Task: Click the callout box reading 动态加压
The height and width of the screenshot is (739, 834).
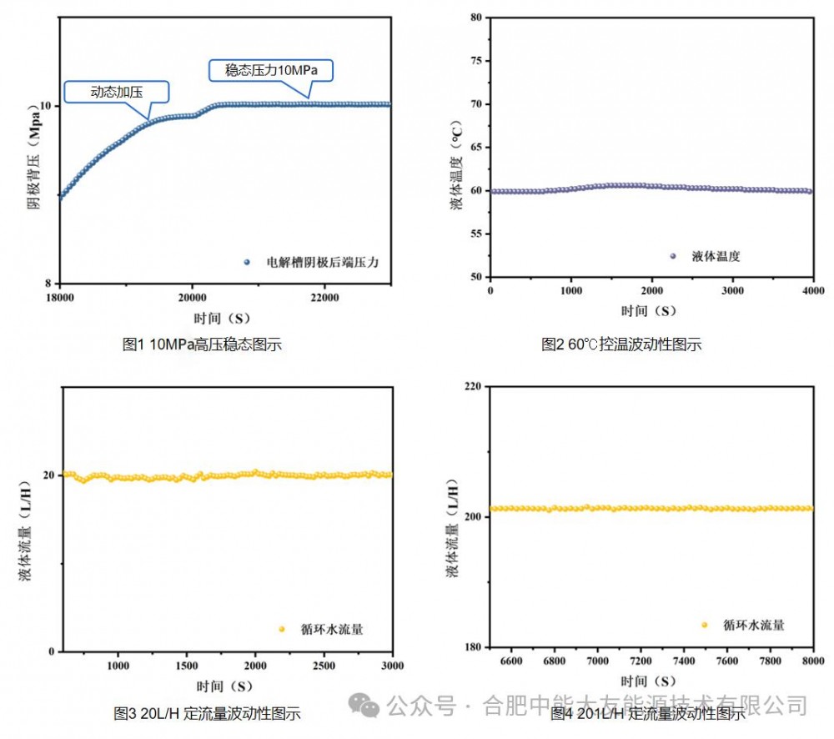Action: click(x=116, y=92)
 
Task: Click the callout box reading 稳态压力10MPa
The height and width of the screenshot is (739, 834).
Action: click(x=270, y=70)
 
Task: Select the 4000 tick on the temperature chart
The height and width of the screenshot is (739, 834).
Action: click(x=812, y=290)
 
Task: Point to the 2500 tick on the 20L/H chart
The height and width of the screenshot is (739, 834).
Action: click(x=324, y=666)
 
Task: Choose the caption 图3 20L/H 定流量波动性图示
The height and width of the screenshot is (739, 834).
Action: click(x=207, y=713)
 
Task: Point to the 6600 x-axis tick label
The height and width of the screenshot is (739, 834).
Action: click(x=510, y=661)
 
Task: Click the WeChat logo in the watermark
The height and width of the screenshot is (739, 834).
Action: click(x=364, y=705)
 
